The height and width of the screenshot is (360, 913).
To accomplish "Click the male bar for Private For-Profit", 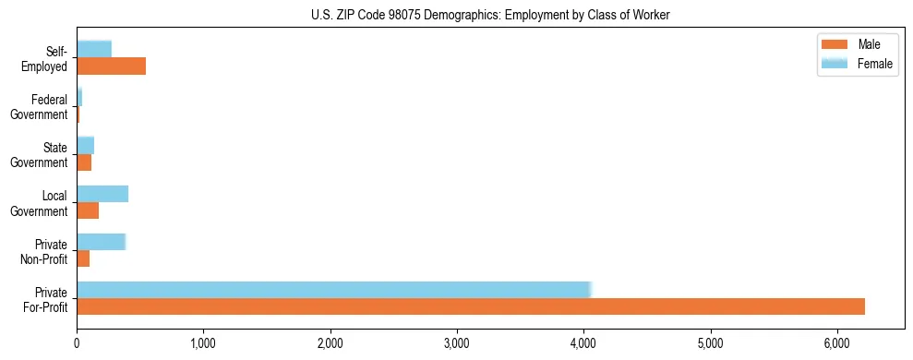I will click(471, 306).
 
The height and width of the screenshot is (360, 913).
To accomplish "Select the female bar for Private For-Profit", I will click(333, 290).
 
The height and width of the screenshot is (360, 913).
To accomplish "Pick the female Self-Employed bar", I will click(94, 49).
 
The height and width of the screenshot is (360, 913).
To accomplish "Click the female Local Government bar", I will click(102, 194).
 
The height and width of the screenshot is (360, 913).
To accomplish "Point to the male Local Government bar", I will click(88, 211).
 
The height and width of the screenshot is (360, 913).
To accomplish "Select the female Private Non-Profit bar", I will click(101, 242).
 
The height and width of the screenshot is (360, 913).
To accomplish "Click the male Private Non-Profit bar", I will click(83, 259).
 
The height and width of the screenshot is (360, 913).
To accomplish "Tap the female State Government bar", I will click(85, 145).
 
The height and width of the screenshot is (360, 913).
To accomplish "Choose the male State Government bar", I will click(84, 162).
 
